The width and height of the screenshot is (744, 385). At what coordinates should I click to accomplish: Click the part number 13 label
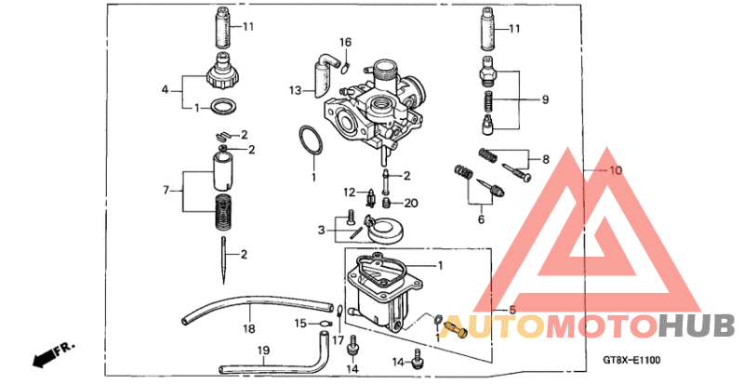295,91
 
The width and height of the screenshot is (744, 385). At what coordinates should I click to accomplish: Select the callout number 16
345,42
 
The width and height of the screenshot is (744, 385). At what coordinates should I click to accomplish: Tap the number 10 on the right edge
615,170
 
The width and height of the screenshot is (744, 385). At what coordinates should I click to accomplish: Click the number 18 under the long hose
249,328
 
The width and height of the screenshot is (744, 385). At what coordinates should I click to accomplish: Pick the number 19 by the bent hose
263,351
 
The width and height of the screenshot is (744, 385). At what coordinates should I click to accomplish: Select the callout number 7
167,190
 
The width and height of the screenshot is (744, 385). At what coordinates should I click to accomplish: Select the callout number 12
348,192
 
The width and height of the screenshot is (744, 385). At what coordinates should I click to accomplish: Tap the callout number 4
166,90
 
